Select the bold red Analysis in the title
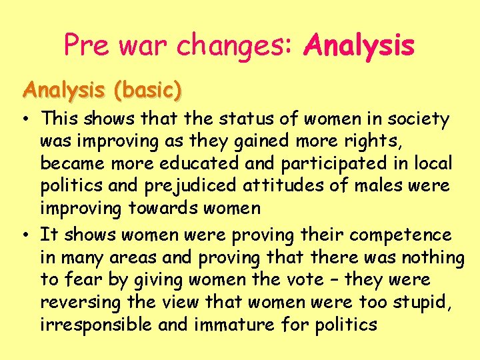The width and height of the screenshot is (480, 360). click(x=359, y=45)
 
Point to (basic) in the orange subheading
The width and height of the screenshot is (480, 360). click(x=147, y=90)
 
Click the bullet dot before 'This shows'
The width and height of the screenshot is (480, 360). click(x=23, y=119)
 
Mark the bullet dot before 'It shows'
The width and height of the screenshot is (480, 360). click(x=23, y=235)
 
